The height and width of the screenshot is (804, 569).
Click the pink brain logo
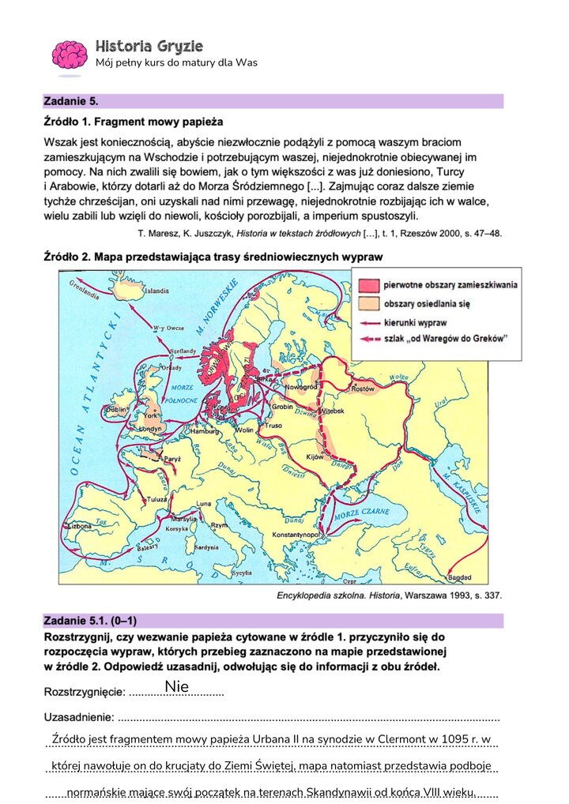(70, 55)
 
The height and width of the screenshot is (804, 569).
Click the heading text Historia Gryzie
(148, 45)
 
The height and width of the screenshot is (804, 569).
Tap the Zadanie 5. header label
(71, 101)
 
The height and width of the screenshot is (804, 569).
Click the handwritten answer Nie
(176, 687)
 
